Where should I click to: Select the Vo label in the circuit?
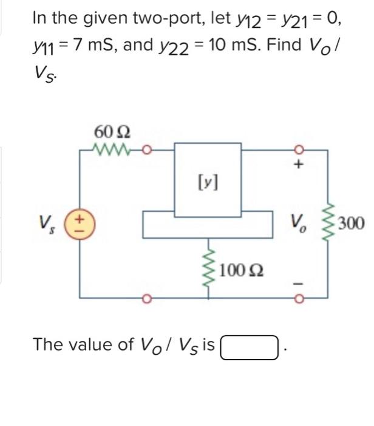click(297, 222)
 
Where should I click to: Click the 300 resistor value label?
click(352, 223)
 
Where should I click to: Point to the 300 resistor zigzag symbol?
click(328, 223)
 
